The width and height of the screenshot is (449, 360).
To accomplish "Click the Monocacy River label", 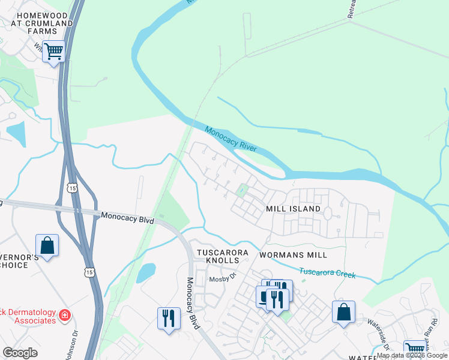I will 231,139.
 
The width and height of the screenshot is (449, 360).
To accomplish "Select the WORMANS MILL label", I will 293,255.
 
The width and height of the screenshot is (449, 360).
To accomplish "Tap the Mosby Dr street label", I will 220,280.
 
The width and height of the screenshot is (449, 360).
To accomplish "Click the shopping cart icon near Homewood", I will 54,52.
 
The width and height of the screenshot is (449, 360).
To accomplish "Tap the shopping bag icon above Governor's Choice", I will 47,245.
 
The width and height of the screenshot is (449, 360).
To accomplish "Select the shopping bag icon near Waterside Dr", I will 343,312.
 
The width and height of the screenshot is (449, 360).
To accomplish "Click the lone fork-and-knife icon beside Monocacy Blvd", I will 169,317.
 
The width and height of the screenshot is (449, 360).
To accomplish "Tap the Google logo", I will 20,353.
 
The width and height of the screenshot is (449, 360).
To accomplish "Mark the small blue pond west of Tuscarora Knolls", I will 145,273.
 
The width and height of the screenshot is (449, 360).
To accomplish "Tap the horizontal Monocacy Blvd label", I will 127,217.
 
